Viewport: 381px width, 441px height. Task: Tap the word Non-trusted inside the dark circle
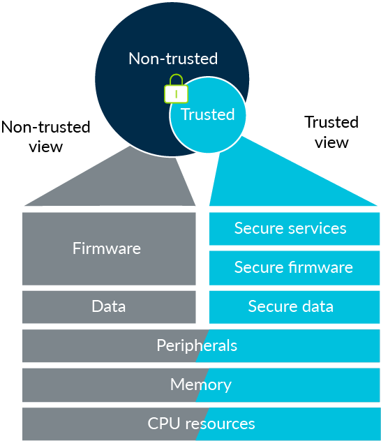[x=173, y=59]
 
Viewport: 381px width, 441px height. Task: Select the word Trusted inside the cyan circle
[x=207, y=114]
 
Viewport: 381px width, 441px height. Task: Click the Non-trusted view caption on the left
[x=46, y=136]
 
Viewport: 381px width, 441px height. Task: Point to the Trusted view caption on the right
[x=331, y=132]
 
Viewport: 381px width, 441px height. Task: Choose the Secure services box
[x=294, y=229]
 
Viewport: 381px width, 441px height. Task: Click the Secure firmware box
[x=294, y=267]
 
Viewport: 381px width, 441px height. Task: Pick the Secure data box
[x=294, y=306]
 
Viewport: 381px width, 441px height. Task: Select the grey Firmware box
[x=108, y=248]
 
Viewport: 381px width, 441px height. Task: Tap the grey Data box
[x=108, y=306]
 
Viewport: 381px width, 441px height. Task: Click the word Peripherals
[x=197, y=345]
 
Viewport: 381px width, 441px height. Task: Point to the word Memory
[x=200, y=384]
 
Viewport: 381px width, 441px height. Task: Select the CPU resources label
[x=201, y=424]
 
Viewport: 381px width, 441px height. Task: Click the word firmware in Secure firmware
[x=319, y=267]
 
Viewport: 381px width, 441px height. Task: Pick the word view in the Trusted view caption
[x=331, y=142]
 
